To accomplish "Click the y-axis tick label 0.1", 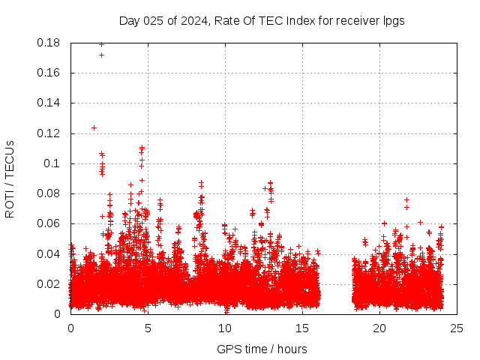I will [55, 163].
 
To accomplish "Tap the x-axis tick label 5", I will [148, 328].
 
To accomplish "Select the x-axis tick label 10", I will [225, 328].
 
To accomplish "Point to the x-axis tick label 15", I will [302, 328].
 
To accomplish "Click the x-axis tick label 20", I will [379, 328].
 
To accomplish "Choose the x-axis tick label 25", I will [457, 328].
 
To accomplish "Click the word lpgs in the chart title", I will [392, 21].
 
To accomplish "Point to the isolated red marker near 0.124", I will [94, 127].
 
